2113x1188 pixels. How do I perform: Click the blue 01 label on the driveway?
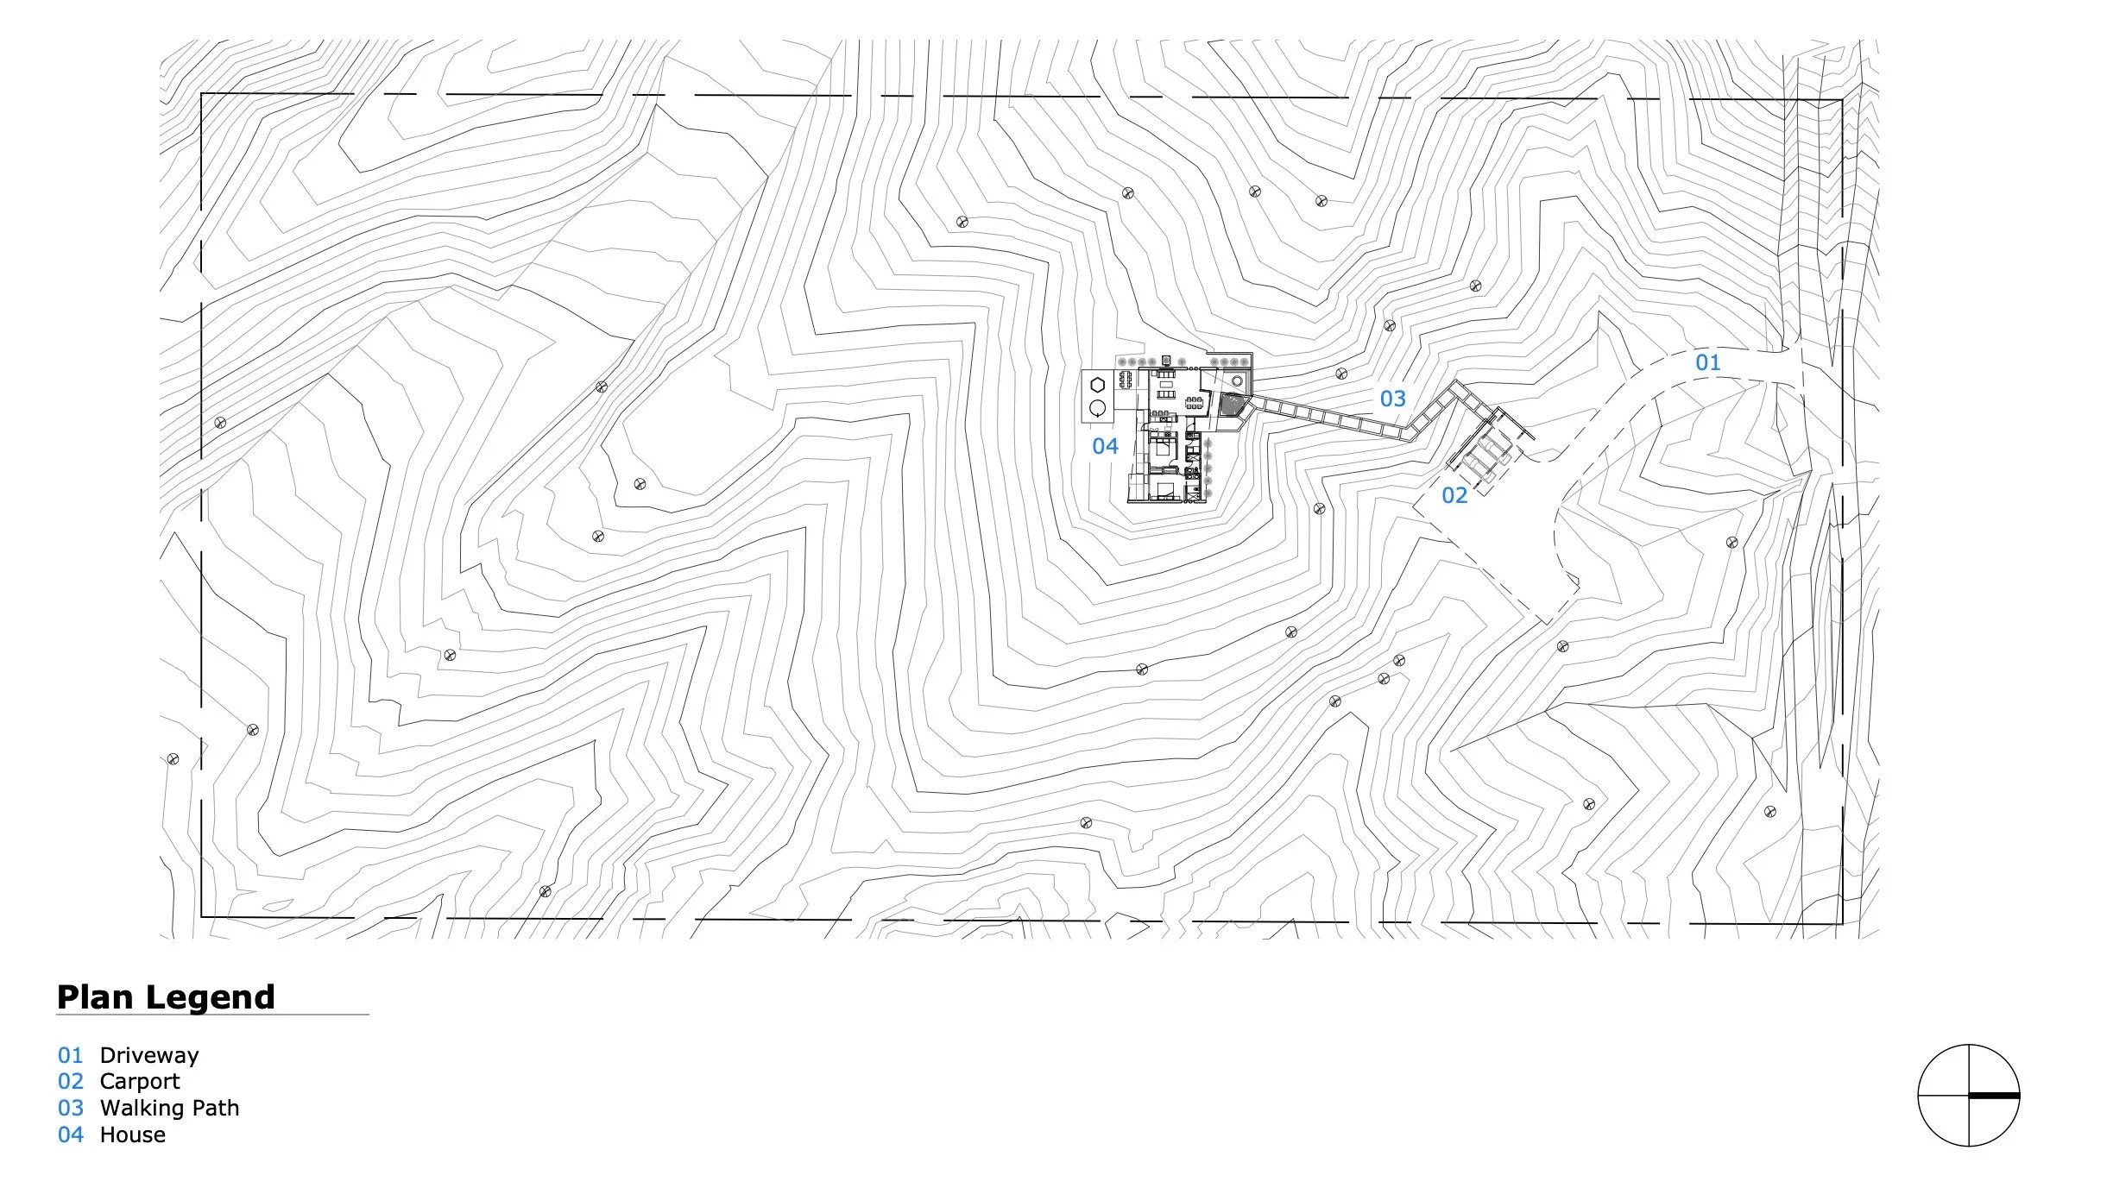[x=1707, y=362]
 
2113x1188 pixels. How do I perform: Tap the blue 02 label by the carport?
[x=1454, y=495]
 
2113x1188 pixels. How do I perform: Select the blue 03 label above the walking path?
[x=1392, y=399]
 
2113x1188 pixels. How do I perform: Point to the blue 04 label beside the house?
[x=1105, y=446]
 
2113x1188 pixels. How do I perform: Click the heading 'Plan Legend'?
[x=166, y=997]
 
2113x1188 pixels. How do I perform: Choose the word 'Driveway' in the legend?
[x=149, y=1055]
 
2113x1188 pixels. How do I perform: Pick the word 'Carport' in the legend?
[x=140, y=1081]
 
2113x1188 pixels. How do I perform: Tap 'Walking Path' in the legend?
[x=169, y=1108]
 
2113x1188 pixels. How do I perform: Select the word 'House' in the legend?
[x=133, y=1135]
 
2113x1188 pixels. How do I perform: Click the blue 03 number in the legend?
[x=71, y=1108]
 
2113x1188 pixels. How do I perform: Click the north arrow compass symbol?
[x=1968, y=1095]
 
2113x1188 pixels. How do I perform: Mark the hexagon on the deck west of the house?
[x=1098, y=385]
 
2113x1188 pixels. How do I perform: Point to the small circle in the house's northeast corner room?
[x=1238, y=381]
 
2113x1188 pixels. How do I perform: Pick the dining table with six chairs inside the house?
[x=1195, y=402]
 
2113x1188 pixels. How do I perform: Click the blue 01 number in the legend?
[x=71, y=1055]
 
